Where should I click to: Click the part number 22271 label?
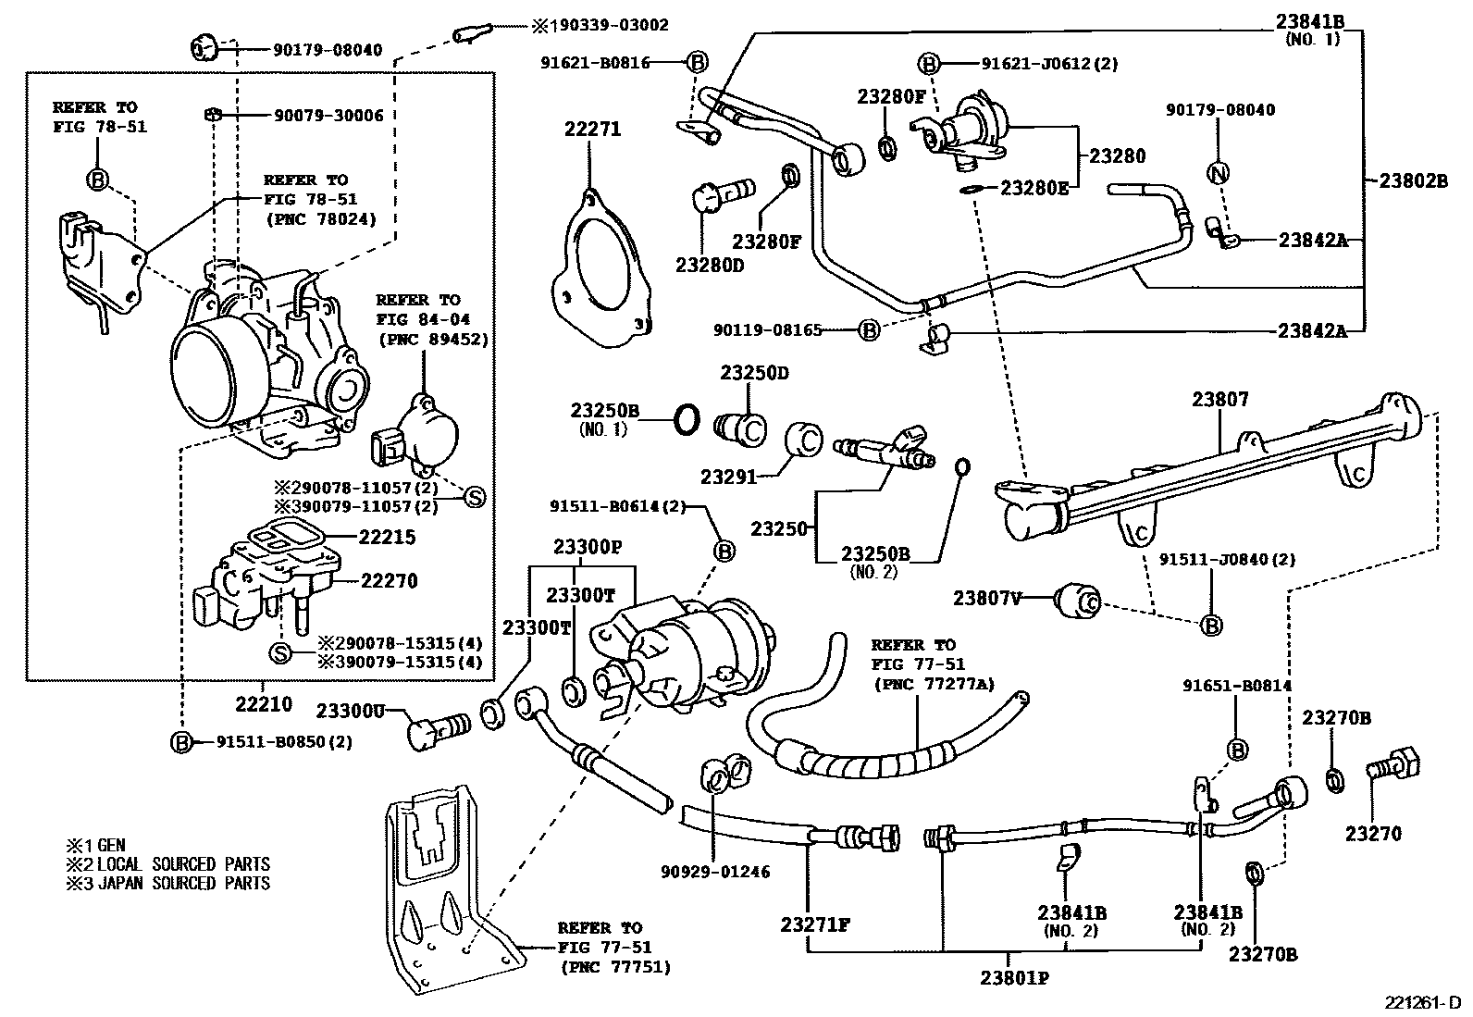coord(592,130)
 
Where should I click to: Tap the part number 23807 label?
coord(1219,400)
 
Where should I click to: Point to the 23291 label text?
coord(728,477)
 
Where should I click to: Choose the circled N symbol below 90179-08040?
coord(1219,172)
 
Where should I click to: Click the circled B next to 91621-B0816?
coord(698,63)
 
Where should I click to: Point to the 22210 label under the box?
coord(263,705)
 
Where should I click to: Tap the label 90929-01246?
coord(715,871)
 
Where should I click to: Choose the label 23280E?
coord(1035,189)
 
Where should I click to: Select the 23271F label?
coord(814,924)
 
